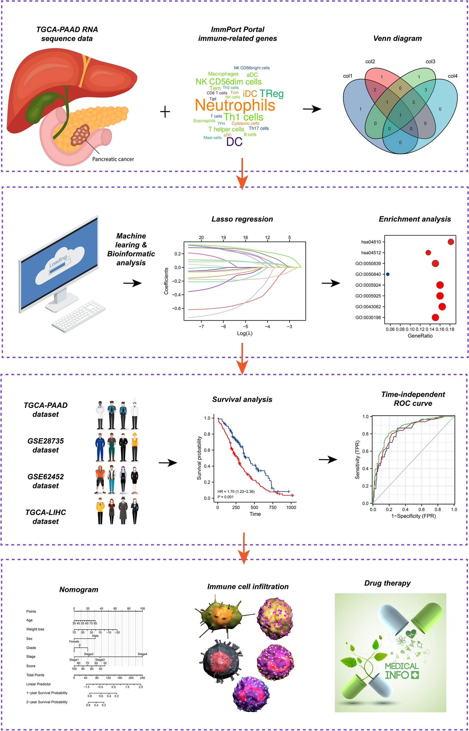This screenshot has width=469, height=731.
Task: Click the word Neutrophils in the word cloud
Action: point(235,105)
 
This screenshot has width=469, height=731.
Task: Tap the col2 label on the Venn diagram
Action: point(370,62)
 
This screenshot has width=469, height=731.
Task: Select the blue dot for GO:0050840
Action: point(388,274)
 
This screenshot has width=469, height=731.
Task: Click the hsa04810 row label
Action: point(371,242)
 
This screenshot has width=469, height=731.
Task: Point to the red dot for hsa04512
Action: point(428,253)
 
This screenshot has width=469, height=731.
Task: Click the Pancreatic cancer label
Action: point(113,159)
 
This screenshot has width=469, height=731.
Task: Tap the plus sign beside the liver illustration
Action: point(165,112)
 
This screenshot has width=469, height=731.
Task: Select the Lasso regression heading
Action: point(242,219)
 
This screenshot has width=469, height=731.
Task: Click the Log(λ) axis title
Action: point(245,333)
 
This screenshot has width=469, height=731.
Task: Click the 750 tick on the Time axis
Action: point(273,507)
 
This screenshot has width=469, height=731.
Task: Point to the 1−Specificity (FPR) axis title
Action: point(413,516)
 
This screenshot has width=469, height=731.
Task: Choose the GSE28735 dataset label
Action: point(46,445)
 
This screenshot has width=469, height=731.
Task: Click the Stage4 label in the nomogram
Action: point(142,654)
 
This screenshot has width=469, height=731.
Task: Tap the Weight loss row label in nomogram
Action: point(35,629)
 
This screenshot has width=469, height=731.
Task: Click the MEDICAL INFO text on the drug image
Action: point(402,671)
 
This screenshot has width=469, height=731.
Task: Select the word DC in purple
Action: point(234,142)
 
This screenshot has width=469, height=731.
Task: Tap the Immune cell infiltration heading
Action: point(248,587)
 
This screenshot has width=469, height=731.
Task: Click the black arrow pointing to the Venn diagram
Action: point(312,109)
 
